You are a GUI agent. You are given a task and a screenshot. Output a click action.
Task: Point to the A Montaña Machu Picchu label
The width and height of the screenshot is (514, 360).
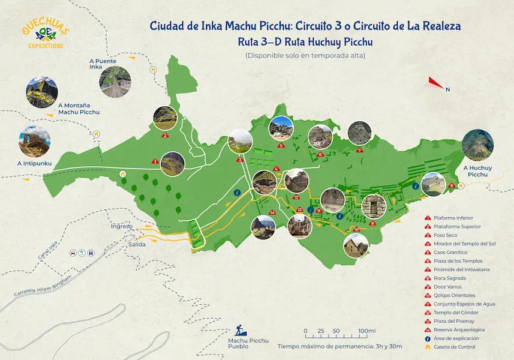click(79, 109)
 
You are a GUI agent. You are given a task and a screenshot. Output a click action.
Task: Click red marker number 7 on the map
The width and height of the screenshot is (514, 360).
click(359, 151)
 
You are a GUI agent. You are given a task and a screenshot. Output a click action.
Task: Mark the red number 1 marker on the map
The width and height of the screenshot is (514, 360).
click(155, 161)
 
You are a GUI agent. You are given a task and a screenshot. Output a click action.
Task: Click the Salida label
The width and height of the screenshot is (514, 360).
click(136, 244)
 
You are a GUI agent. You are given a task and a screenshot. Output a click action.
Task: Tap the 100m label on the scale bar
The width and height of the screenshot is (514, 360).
click(366, 331)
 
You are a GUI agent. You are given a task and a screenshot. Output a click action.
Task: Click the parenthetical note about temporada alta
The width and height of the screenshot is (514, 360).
click(305, 56)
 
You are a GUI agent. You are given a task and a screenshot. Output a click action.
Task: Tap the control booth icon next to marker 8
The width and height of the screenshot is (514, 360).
click(461, 186)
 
